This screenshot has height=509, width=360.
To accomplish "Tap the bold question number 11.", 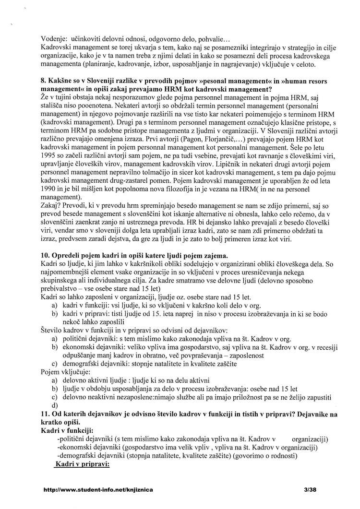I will coord(46,414).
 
